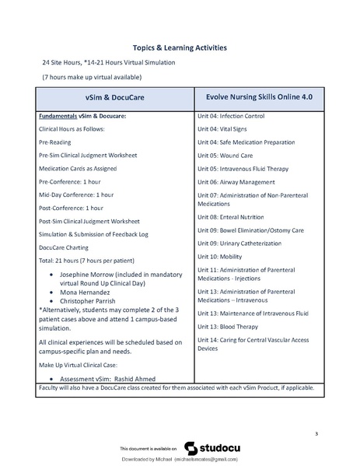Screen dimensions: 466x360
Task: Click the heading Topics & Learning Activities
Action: coord(180,47)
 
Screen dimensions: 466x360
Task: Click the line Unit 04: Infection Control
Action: coord(231,116)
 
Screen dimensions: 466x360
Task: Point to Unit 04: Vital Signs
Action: coord(225,129)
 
